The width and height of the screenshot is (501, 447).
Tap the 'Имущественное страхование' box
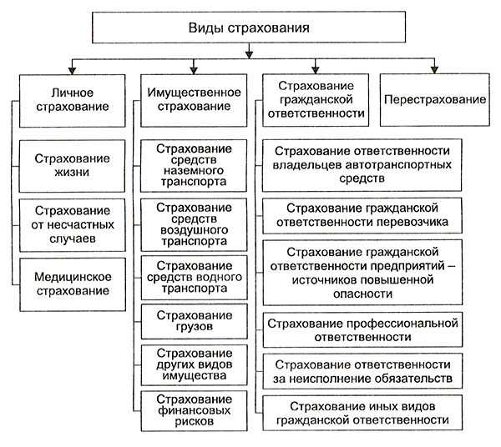[194, 99]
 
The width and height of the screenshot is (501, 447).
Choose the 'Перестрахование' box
[435, 99]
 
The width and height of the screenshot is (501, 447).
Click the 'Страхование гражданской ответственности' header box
[315, 99]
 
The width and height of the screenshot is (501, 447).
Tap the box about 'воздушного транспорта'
[194, 223]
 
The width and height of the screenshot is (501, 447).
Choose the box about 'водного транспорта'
[194, 277]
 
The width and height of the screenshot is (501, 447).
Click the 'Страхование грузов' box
[194, 321]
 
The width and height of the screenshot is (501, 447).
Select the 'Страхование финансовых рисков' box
[194, 409]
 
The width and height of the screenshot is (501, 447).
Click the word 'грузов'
[194, 328]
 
